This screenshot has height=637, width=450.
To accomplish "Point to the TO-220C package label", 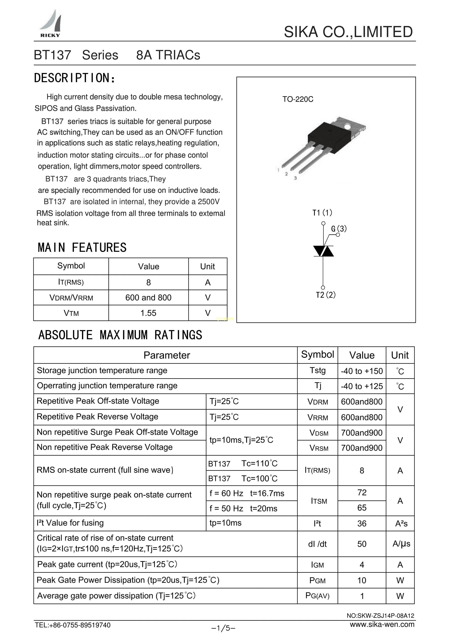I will click(298, 99).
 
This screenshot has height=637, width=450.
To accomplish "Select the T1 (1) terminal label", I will click(322, 213).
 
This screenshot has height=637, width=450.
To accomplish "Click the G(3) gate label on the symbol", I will click(339, 229).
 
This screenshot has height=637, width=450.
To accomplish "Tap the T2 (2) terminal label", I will click(326, 295).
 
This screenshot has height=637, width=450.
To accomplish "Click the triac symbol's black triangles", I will click(323, 251).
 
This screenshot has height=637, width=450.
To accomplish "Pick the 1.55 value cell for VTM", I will click(148, 313).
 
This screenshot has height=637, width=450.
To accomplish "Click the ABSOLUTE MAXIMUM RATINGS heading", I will click(120, 335).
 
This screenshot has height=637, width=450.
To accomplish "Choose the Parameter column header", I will click(167, 355).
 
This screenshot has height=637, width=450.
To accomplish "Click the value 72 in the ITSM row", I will click(362, 492).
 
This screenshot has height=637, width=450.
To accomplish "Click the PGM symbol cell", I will click(317, 580).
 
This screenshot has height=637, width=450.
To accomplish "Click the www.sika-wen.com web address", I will click(382, 624).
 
